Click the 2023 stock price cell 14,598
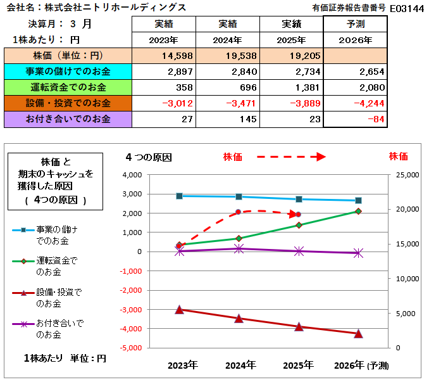coord(164,56)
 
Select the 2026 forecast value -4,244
coord(355,103)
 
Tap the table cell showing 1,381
coord(292,87)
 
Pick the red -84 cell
coord(355,119)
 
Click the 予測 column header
coord(355,24)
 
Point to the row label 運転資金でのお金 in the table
coord(68,87)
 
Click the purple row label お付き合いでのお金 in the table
coord(68,119)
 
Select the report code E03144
coord(407,9)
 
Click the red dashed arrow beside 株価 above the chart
coord(292,157)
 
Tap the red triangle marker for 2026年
coord(358,333)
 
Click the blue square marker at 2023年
coord(179,196)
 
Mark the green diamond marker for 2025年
coord(299,225)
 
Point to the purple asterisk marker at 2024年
coord(239,249)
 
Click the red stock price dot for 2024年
coord(238,212)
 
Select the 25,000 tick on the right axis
coord(407,175)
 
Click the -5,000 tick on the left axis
coord(131,348)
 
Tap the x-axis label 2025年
coord(298,366)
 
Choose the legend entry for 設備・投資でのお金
coord(47,298)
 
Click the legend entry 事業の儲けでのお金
coord(45,235)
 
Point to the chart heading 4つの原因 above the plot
coord(149,158)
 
